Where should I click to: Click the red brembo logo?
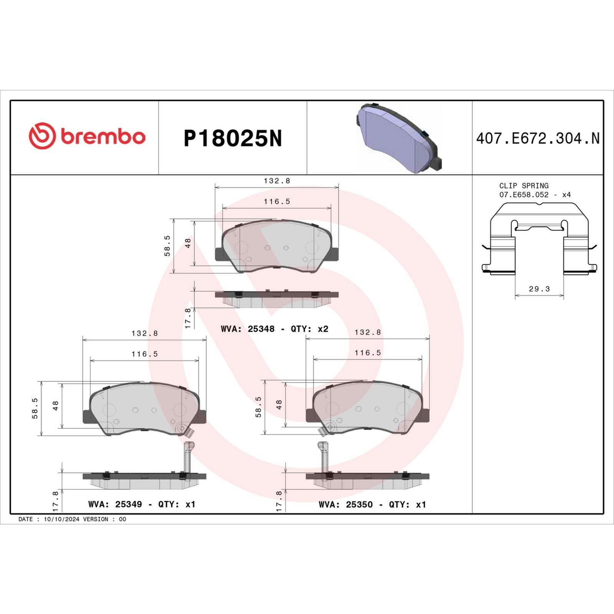87,136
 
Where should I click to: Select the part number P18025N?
233,138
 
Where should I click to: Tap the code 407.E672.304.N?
537,139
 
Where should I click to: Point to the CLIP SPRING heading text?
523,185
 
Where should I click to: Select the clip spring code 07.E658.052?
524,195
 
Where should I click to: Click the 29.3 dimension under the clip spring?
539,289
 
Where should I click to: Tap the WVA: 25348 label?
248,329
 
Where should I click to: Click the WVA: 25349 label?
115,504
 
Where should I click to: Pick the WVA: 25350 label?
345,505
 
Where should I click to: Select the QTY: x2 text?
309,329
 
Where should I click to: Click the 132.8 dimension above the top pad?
277,180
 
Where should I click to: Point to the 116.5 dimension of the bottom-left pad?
144,354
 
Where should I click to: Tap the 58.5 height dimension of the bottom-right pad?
258,407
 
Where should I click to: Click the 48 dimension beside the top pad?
188,243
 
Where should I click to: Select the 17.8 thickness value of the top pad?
188,318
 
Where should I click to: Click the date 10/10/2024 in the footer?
61,519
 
